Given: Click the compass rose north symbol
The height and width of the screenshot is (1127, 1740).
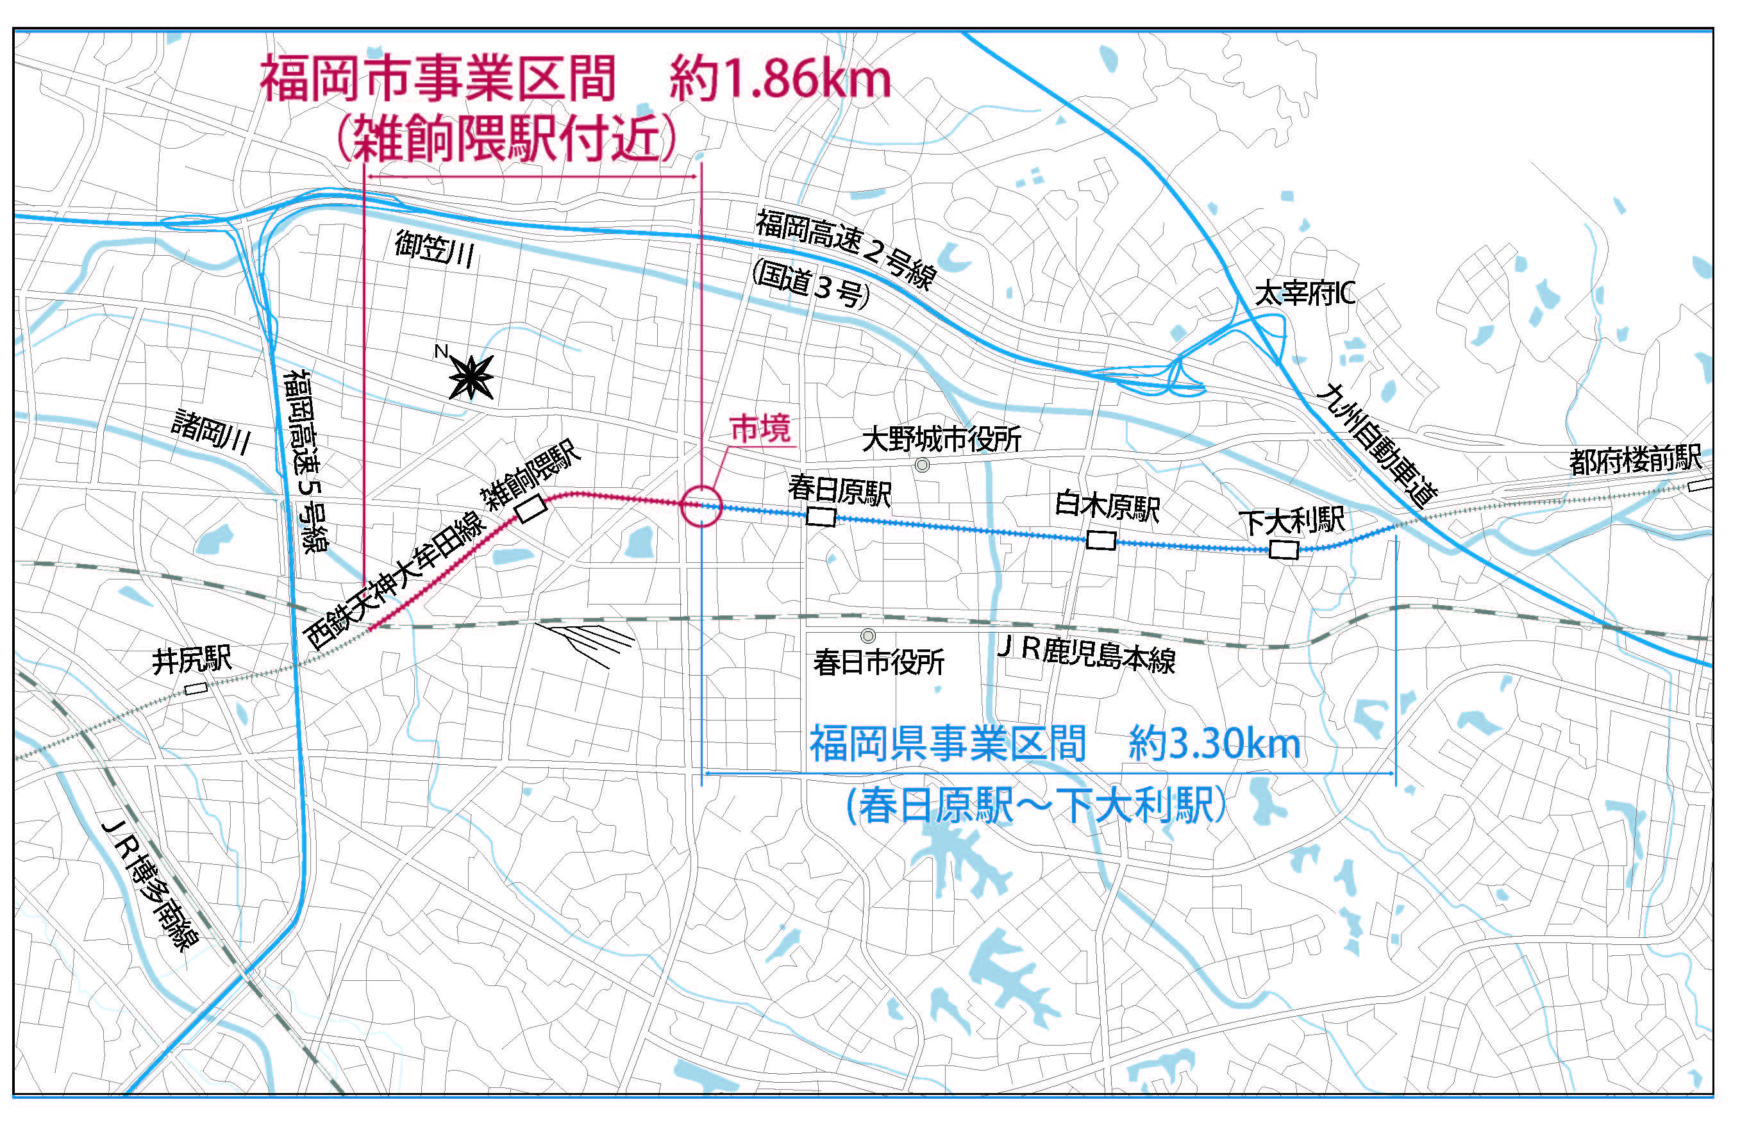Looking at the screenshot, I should (471, 377).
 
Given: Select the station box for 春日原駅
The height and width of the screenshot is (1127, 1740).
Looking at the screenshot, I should (820, 517).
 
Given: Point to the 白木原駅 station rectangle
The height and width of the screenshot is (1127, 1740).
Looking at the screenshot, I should (1100, 540).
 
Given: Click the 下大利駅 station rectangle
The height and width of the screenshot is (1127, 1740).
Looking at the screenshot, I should (1283, 549).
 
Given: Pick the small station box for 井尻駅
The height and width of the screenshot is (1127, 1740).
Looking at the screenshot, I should (196, 688).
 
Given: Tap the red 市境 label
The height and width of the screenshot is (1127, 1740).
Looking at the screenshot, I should (760, 429).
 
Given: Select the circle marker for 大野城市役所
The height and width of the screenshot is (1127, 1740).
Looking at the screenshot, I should (923, 465).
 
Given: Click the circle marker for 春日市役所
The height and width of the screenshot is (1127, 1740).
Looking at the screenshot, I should (868, 636).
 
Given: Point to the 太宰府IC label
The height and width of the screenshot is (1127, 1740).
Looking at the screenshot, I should (1305, 294).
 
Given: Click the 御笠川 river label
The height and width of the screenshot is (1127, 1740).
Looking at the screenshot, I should (434, 249).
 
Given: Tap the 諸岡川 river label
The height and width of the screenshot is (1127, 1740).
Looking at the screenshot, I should (212, 432).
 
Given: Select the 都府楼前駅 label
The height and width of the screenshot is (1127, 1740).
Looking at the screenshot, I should (1635, 460).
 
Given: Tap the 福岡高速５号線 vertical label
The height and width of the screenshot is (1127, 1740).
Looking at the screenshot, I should (306, 461).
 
